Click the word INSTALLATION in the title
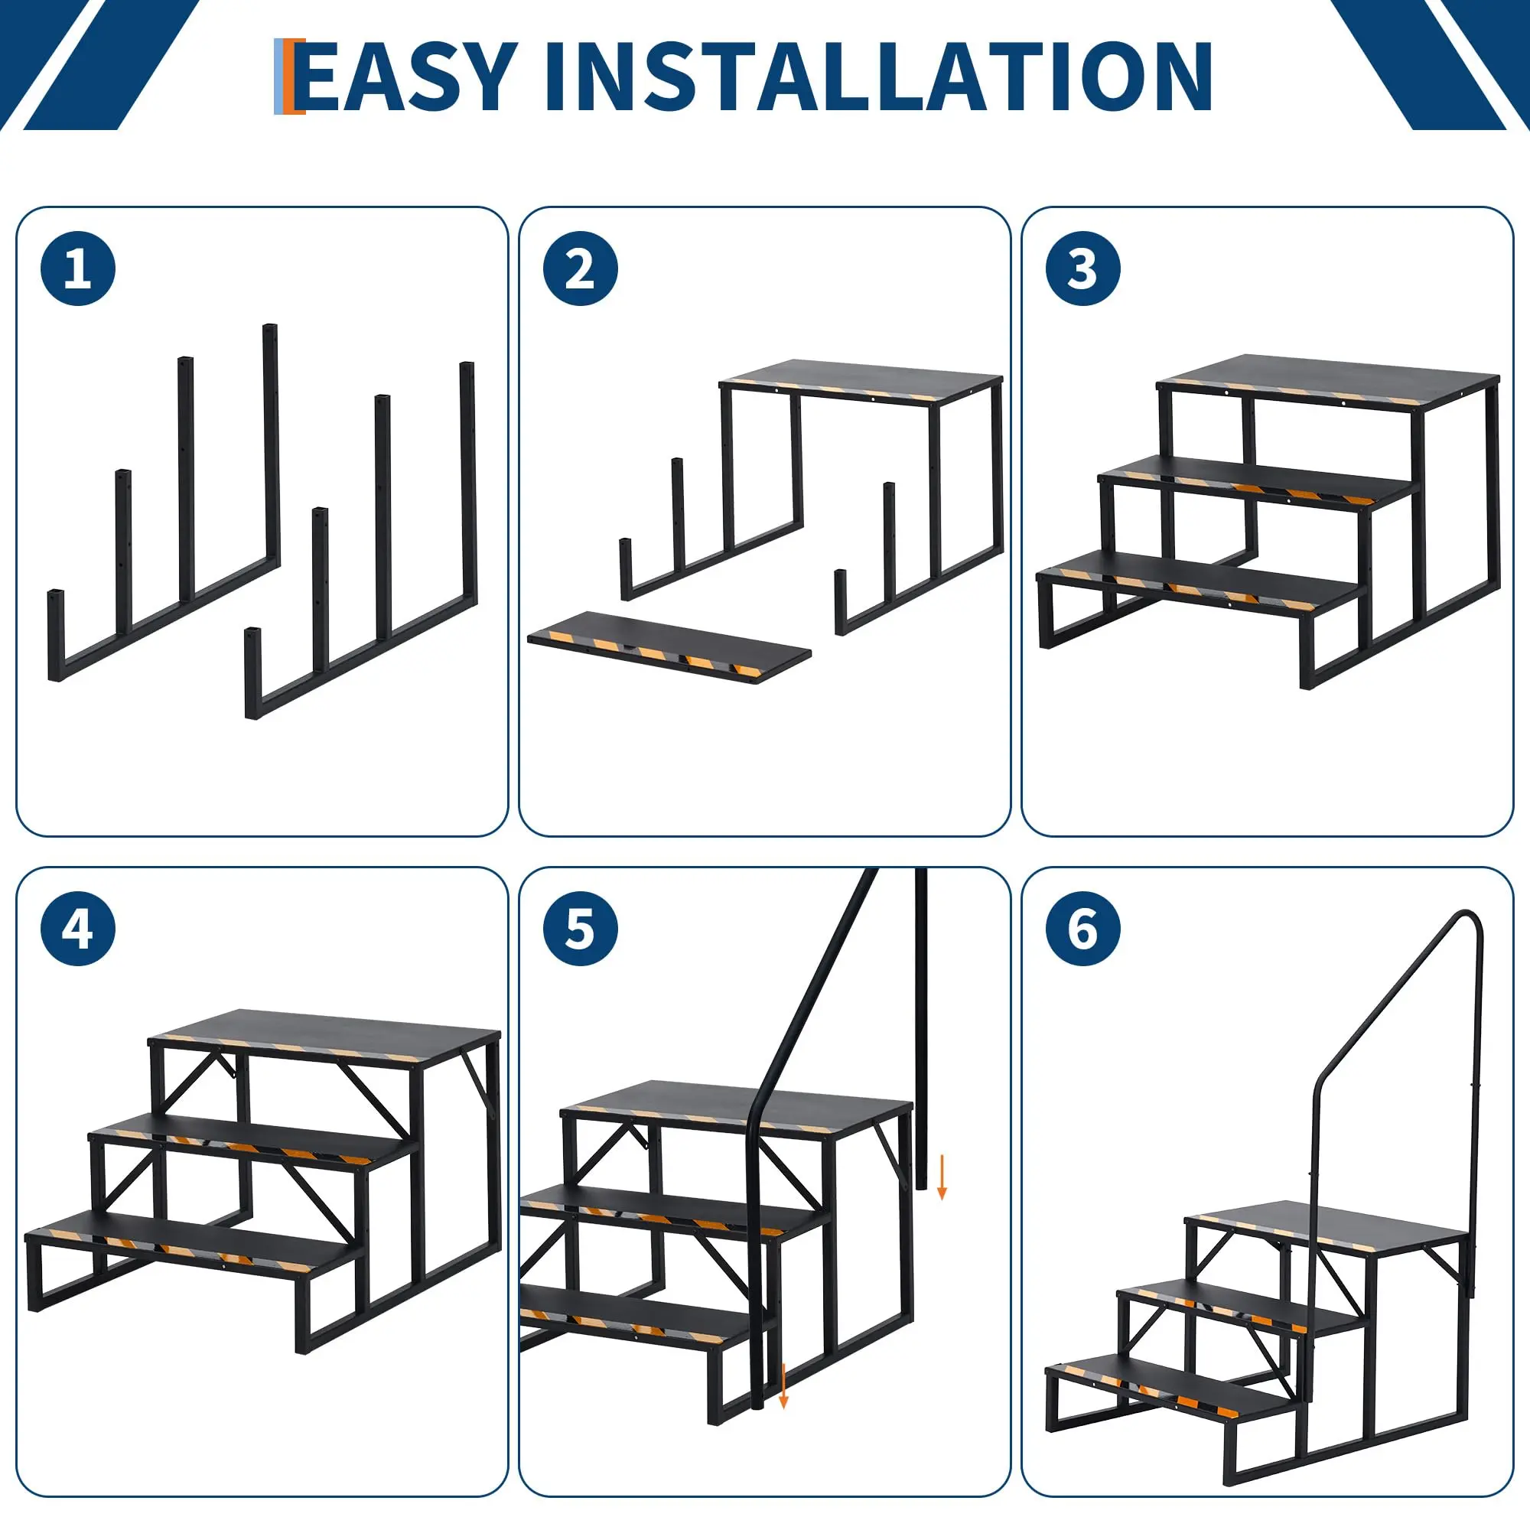[x=878, y=76]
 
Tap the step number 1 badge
[x=77, y=269]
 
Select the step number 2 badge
[x=581, y=269]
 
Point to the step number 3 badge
[x=1082, y=269]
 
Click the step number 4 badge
[x=77, y=928]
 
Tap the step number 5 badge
[x=581, y=928]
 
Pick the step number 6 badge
[x=1082, y=928]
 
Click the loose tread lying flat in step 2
[x=670, y=647]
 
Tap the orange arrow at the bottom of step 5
[x=783, y=1387]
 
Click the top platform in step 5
[x=737, y=1107]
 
